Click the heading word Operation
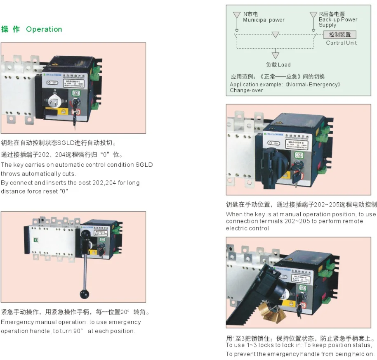(44, 29)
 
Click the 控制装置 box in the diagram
(339, 35)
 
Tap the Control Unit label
(341, 43)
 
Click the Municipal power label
(264, 20)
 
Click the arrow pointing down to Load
(276, 55)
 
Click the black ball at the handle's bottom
(85, 294)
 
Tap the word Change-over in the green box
(246, 90)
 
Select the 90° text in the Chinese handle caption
(125, 312)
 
